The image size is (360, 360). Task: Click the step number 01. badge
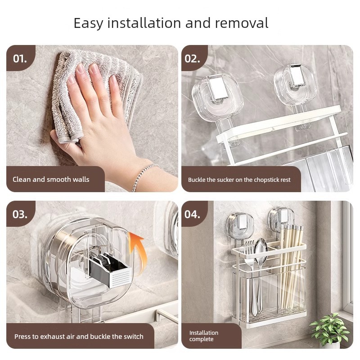click(20, 58)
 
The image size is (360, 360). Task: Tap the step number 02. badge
click(193, 58)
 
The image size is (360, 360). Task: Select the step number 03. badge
click(20, 214)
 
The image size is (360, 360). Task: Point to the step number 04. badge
click(193, 214)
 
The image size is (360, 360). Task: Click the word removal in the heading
click(242, 23)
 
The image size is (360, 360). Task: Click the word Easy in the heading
click(88, 23)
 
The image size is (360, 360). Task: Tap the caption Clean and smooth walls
click(51, 179)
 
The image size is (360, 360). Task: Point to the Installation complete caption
click(204, 336)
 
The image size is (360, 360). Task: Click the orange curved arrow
click(138, 249)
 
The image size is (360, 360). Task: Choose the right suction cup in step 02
click(295, 85)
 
